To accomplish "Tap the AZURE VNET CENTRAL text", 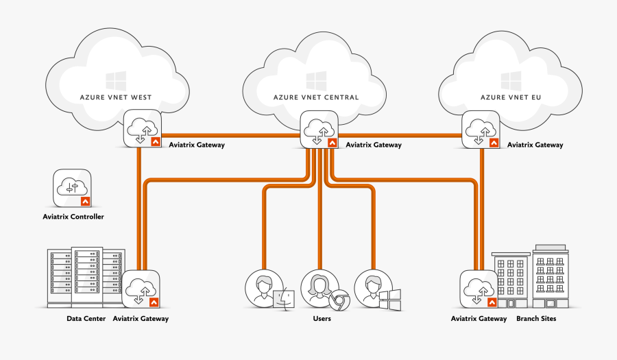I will click(316, 97).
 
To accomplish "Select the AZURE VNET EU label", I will click(511, 97).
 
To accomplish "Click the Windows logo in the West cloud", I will click(115, 79).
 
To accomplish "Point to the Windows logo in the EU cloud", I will click(511, 79).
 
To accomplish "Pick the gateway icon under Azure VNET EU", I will click(482, 130).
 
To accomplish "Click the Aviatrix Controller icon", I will click(73, 189).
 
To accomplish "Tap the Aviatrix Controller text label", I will click(73, 217).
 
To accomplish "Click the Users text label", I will click(322, 319).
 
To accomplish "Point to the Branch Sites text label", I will click(536, 319).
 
